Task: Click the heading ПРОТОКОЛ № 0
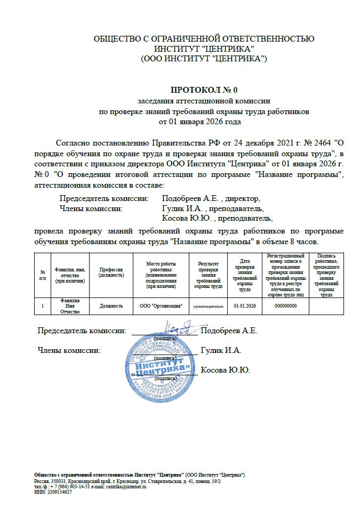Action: click(203, 90)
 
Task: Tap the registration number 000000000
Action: click(285, 305)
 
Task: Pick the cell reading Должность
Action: click(111, 305)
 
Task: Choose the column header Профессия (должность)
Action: click(111, 272)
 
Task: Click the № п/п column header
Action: click(43, 275)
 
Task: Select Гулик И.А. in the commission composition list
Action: click(183, 208)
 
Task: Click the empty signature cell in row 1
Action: click(326, 305)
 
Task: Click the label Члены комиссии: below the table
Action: click(69, 350)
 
